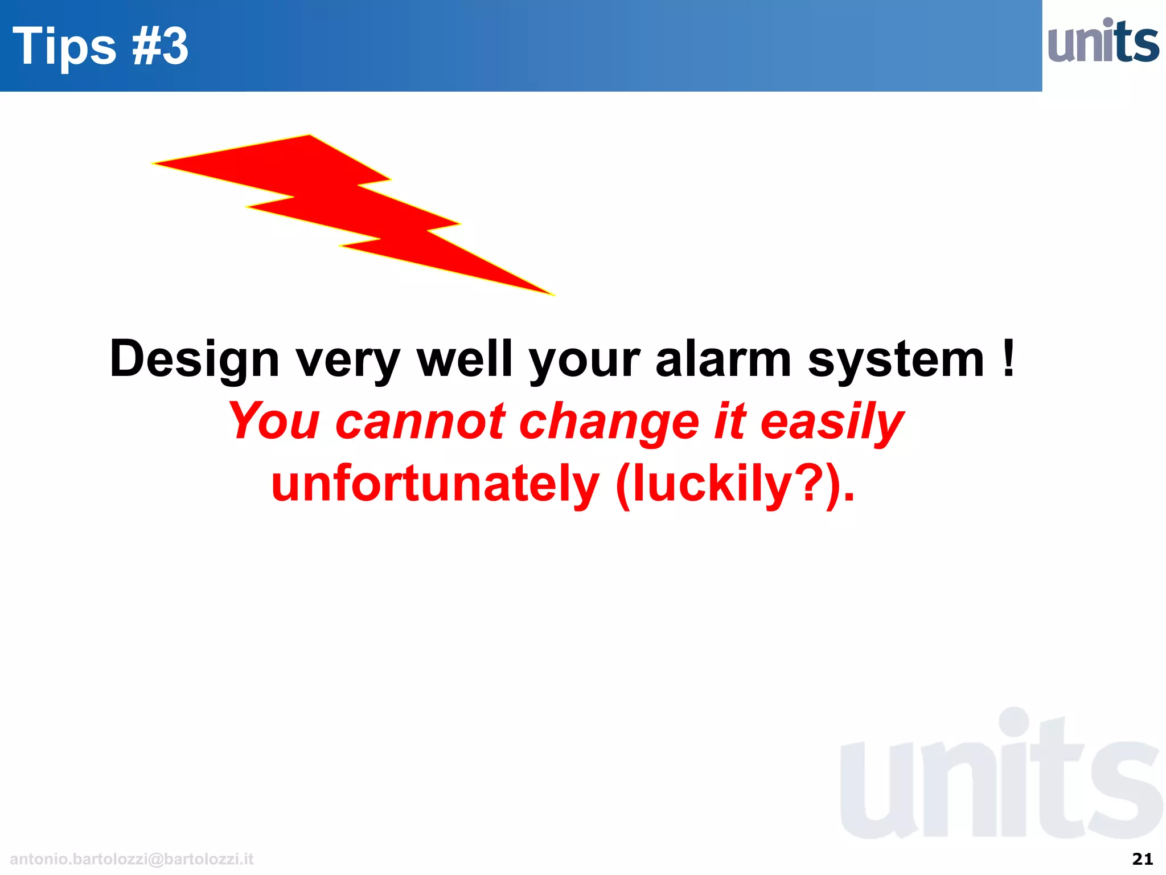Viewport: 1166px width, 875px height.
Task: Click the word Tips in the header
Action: [x=64, y=47]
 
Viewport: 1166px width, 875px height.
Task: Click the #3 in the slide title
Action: [x=160, y=47]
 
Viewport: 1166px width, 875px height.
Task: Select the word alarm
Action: [x=723, y=359]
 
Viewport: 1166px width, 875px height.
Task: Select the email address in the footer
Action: [x=132, y=858]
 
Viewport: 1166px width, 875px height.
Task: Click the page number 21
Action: [x=1142, y=858]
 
